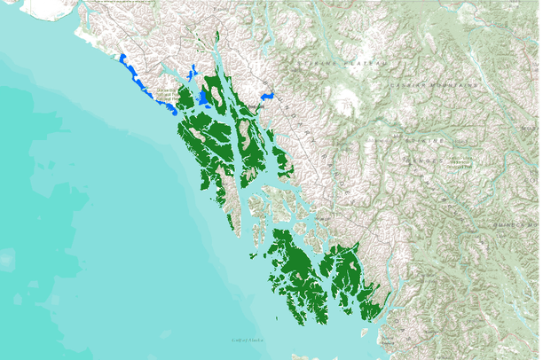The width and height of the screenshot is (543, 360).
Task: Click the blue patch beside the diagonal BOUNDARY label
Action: click(265, 93)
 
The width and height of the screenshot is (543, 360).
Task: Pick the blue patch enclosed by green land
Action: click(203, 97)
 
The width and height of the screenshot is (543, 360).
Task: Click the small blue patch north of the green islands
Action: click(193, 71)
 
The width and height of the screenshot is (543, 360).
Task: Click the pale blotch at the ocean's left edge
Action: click(7, 260)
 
